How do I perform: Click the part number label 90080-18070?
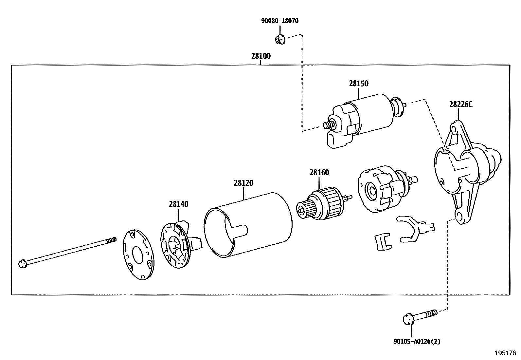[279, 21]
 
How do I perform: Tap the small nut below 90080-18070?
[279, 40]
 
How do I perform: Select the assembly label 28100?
[261, 56]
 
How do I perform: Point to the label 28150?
[358, 84]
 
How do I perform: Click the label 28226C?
[460, 104]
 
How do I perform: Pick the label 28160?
[319, 173]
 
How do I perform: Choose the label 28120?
[243, 183]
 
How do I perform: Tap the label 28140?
[178, 204]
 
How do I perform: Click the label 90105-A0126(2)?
[417, 341]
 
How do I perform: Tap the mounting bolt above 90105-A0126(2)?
[419, 316]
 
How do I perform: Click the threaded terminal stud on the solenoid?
[329, 125]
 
